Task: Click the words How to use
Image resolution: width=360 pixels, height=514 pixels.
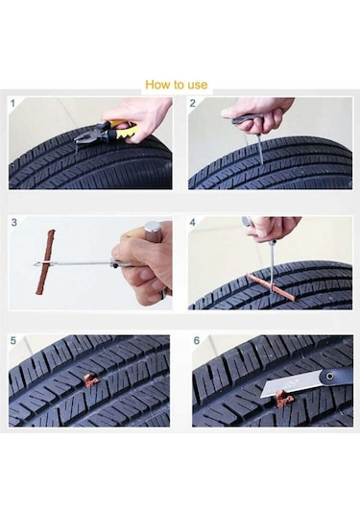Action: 177,85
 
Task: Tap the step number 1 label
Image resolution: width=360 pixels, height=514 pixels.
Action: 12,104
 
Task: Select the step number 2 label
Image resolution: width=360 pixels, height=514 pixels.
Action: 193,104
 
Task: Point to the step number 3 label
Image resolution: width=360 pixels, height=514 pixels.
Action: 13,222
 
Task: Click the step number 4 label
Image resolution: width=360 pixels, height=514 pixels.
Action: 193,222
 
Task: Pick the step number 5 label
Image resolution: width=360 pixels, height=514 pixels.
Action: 13,341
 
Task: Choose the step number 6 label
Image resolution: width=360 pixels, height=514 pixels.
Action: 196,341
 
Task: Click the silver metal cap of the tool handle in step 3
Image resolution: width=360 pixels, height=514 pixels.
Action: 152,227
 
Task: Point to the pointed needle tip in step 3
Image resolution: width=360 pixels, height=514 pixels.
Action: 35,264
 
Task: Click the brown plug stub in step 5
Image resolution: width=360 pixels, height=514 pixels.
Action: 90,379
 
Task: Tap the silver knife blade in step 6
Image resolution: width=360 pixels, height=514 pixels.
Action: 289,383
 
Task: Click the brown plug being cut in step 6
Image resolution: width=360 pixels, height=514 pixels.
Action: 281,399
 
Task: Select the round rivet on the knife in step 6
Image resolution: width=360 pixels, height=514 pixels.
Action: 329,376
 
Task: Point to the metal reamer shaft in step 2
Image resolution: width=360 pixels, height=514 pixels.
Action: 259,149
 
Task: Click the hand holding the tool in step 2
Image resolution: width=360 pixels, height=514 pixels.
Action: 259,113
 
